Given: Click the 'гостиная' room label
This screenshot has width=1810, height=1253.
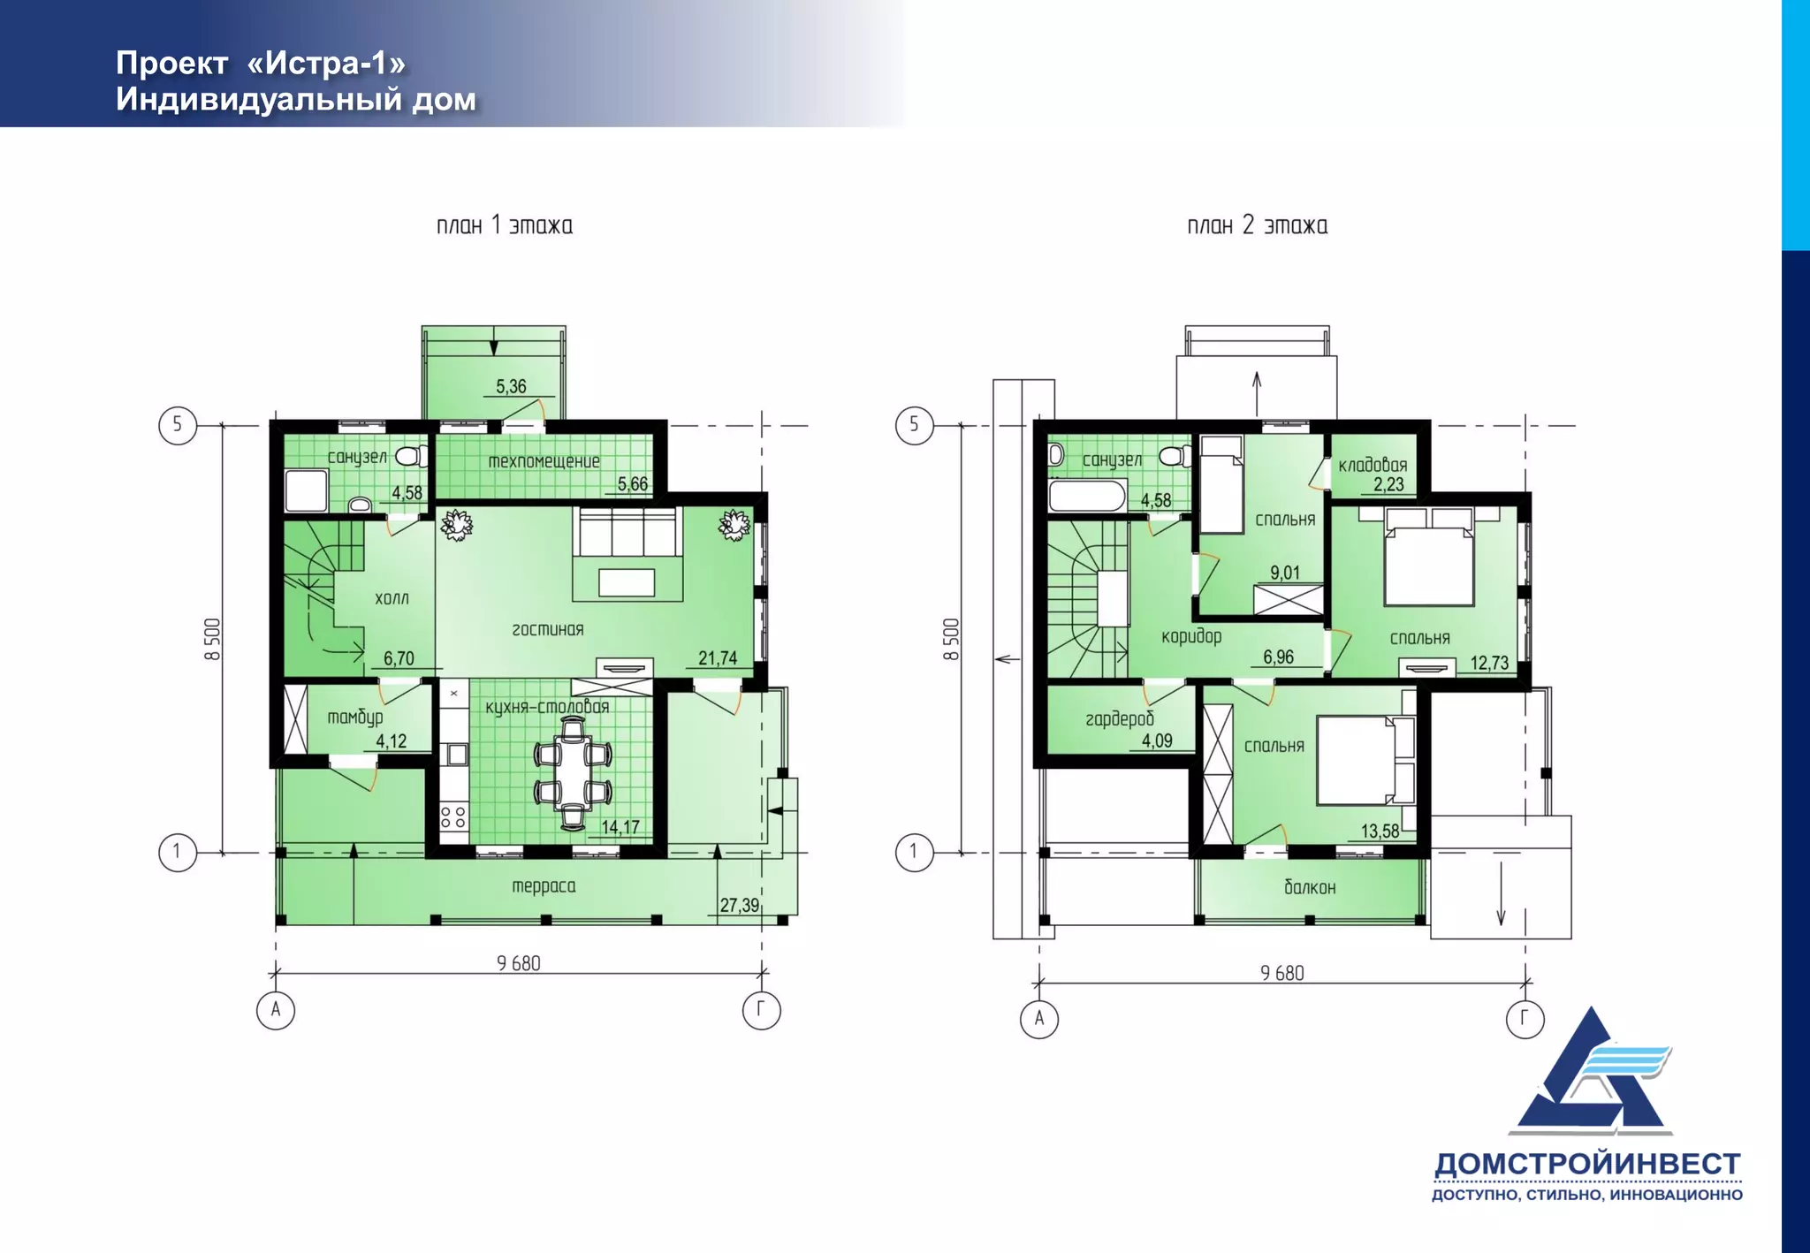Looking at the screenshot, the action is [548, 629].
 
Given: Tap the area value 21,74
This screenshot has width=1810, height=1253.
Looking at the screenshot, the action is [718, 658].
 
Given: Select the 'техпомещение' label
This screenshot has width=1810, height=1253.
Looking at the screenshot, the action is [544, 461].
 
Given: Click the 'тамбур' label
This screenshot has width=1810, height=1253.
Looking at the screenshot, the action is [355, 717].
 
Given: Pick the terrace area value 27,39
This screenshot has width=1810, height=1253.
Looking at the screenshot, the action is [739, 906].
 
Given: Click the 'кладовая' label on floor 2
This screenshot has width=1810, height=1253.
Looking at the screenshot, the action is [1373, 466].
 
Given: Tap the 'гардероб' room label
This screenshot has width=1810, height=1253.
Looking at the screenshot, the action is [1120, 719].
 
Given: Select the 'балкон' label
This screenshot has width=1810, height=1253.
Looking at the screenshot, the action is [1310, 887].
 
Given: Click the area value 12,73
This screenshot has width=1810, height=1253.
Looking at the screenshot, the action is [1489, 664].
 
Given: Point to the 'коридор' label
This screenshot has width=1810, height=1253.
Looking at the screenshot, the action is [1191, 636].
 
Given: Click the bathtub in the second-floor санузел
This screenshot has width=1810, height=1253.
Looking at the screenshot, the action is [1088, 496].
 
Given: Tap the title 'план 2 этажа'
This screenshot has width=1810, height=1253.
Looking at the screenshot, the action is [1257, 225].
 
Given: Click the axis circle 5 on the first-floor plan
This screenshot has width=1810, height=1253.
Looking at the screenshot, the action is [178, 425].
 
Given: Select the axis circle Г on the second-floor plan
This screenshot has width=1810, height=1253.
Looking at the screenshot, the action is [1525, 1019].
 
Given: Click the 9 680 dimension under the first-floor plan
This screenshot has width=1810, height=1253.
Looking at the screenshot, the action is [519, 963].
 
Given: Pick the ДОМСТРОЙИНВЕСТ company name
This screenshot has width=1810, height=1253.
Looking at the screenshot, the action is [1587, 1165].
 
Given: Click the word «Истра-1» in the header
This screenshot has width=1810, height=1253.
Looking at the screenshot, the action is [326, 64].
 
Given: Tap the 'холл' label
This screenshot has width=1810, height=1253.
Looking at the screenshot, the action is [392, 598].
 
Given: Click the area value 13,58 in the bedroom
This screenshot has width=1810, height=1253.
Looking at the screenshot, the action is [1380, 832].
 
